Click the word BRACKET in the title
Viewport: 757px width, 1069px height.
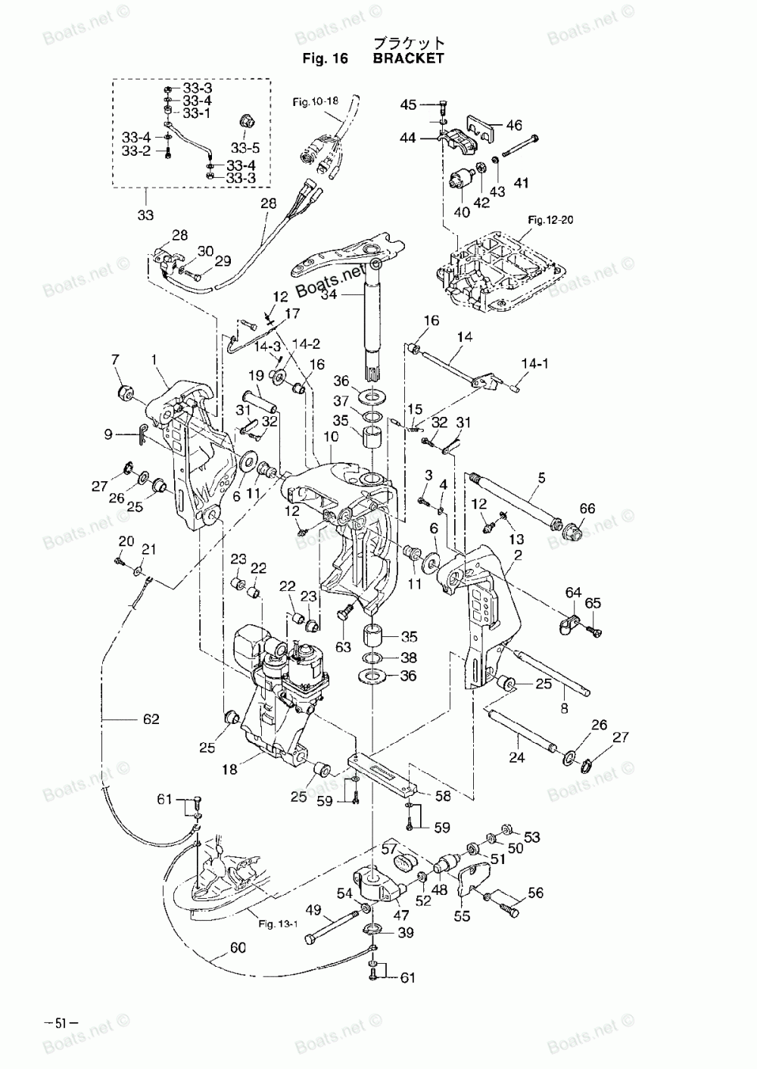(x=408, y=58)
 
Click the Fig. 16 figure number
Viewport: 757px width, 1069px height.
(x=326, y=58)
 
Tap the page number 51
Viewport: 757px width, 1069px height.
(x=60, y=1023)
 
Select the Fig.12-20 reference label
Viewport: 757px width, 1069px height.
(x=550, y=220)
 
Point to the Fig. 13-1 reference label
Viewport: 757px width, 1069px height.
(x=278, y=924)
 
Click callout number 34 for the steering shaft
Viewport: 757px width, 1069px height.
(x=329, y=294)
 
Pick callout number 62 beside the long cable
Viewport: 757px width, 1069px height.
(x=151, y=719)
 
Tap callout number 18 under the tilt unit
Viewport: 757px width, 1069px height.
(x=229, y=769)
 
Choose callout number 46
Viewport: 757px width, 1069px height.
(x=514, y=125)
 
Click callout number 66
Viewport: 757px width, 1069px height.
(x=587, y=508)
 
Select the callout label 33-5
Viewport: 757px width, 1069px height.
(x=245, y=148)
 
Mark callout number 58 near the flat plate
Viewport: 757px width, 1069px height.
(x=443, y=796)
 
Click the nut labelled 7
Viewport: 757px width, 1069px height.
(x=125, y=393)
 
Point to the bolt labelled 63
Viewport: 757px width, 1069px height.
(x=346, y=612)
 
